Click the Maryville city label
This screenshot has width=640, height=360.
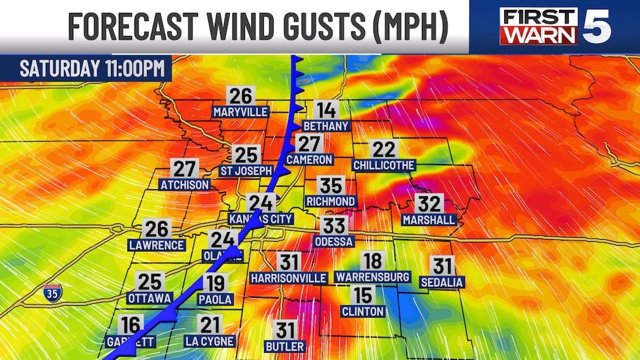[240, 112]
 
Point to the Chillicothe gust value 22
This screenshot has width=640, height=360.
[383, 149]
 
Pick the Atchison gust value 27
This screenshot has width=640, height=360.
[185, 169]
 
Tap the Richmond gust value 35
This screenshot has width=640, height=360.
[330, 186]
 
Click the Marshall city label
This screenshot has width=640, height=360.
[429, 220]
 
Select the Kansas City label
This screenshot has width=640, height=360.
[261, 218]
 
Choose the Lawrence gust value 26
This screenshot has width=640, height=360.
[157, 229]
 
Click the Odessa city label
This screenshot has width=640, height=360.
[334, 242]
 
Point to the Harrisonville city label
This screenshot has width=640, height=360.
[288, 278]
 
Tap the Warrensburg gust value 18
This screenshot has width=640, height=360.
[372, 261]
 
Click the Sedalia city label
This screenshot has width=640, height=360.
[442, 282]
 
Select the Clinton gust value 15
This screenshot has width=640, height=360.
[363, 295]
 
